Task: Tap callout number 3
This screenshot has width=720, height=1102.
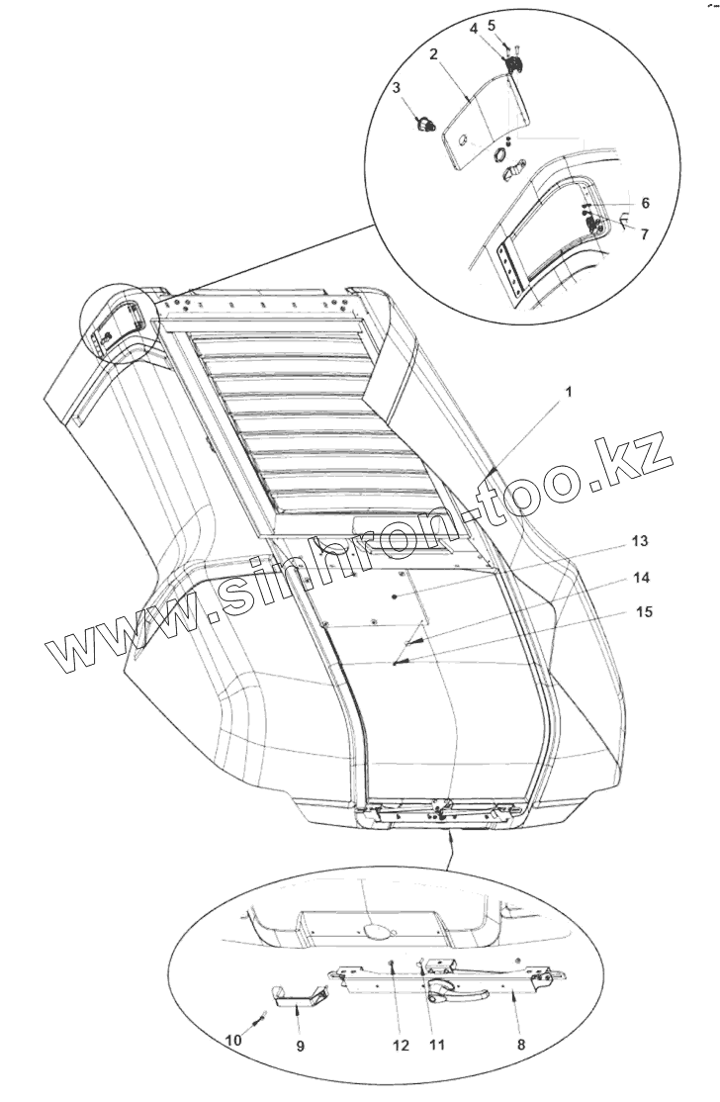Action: tap(398, 88)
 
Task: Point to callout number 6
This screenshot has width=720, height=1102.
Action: tap(644, 202)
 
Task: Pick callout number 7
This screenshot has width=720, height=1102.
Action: tap(644, 234)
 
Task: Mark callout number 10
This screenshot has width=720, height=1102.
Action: tap(232, 1041)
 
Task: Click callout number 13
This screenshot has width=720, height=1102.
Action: tap(640, 541)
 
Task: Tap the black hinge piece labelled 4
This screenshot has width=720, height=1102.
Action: tap(514, 65)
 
